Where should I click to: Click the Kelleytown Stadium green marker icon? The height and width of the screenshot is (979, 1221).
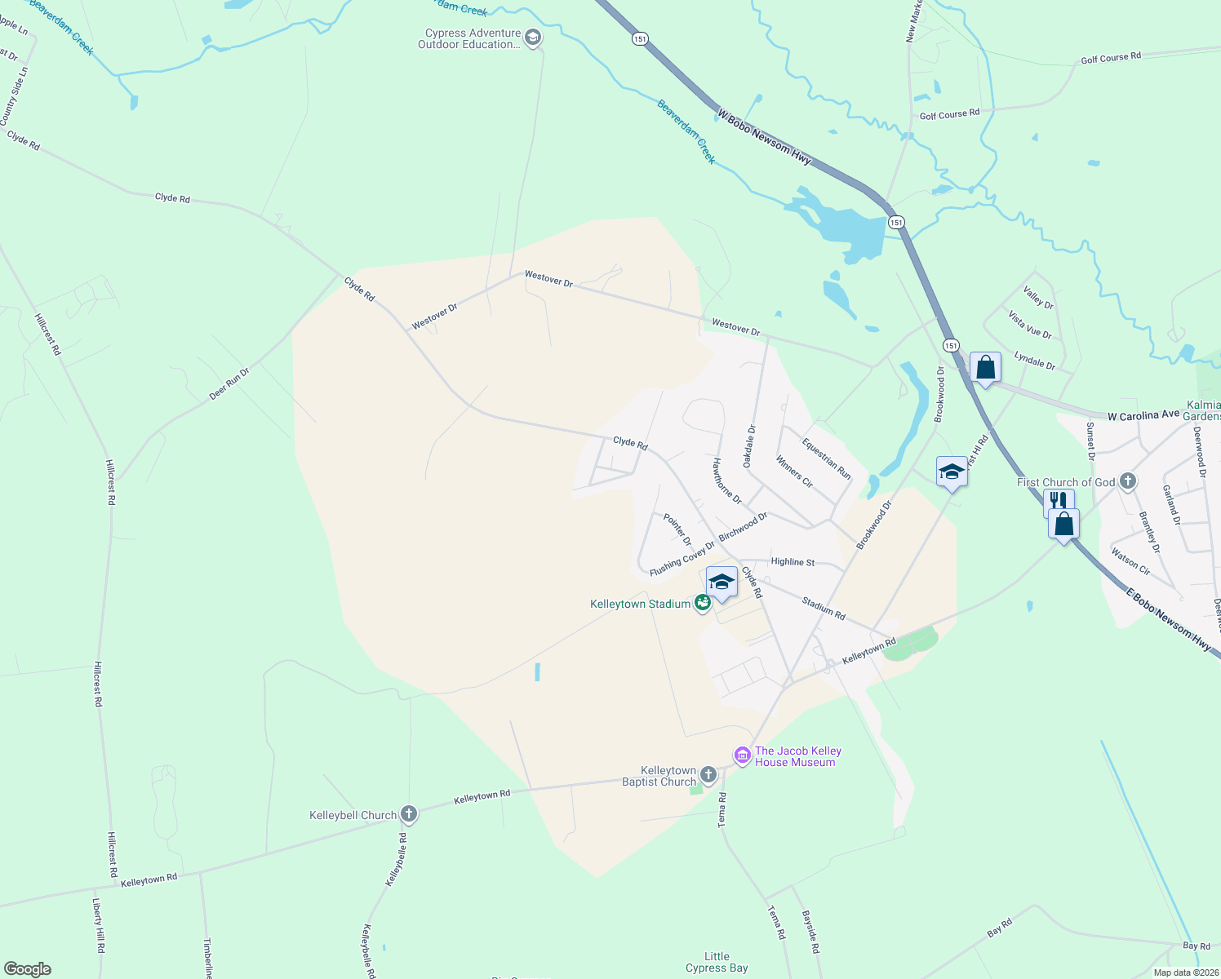(x=702, y=604)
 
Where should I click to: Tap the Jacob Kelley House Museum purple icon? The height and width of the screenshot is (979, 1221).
(x=742, y=755)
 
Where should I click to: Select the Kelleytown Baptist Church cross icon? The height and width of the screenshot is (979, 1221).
(x=708, y=775)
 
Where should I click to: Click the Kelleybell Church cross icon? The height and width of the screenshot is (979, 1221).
(x=409, y=814)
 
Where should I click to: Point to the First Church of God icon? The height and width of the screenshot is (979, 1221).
(x=1127, y=481)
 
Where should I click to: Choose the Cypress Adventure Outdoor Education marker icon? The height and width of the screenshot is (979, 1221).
(x=533, y=38)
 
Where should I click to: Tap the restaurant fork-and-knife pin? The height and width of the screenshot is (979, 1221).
(x=1058, y=501)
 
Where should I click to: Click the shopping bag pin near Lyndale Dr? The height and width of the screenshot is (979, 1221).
(x=985, y=369)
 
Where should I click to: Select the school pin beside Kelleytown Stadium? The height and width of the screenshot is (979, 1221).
(x=721, y=583)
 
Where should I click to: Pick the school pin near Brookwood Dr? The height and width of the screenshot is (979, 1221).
(x=952, y=472)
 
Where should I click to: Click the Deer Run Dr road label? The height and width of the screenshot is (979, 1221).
(x=229, y=383)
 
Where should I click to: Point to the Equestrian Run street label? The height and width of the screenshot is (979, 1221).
(x=826, y=459)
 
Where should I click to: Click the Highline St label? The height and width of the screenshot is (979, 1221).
(x=793, y=562)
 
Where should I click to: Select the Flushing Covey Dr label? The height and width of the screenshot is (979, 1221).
(x=682, y=556)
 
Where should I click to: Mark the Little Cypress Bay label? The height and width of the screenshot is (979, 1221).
(x=717, y=962)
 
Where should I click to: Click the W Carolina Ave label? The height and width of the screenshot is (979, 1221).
(x=1143, y=416)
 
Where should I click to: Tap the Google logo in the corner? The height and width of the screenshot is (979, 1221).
(x=28, y=969)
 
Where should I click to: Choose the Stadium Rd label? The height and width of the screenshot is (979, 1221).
(x=823, y=608)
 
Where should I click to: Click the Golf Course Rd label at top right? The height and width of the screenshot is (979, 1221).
(x=1110, y=58)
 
